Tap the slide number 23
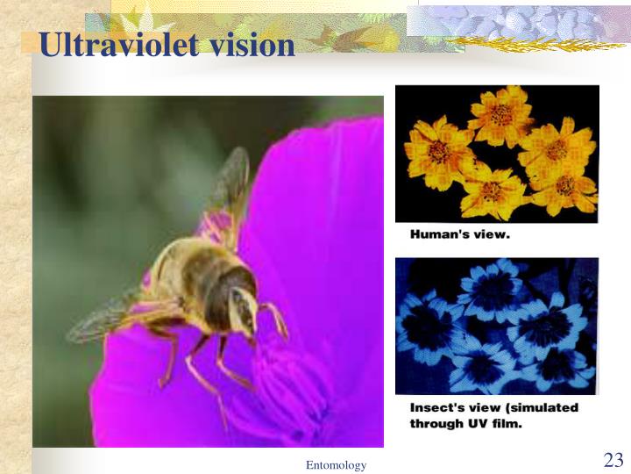pos(613,460)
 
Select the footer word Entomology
pos(336,465)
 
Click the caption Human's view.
pos(459,234)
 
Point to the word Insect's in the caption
pos(439,408)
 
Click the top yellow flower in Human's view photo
pos(500,113)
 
